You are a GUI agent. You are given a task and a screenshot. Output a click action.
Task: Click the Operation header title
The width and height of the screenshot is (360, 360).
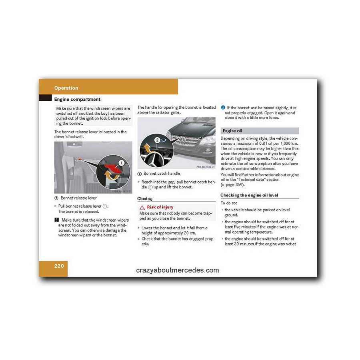pyautogui.click(x=66, y=88)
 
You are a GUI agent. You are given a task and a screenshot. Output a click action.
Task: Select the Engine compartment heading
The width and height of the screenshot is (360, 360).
pyautogui.click(x=77, y=99)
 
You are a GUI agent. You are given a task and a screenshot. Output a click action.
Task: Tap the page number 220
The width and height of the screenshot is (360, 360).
pyautogui.click(x=59, y=266)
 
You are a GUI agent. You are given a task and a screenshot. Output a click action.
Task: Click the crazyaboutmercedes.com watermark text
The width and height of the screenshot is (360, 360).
pyautogui.click(x=178, y=270)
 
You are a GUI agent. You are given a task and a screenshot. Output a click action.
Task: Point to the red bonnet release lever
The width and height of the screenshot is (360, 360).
pyautogui.click(x=114, y=168)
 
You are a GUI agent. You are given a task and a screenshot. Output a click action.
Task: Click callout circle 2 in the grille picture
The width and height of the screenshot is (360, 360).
pyautogui.click(x=157, y=140)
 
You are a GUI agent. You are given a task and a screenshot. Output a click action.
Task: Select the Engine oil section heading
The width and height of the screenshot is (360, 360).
pyautogui.click(x=232, y=131)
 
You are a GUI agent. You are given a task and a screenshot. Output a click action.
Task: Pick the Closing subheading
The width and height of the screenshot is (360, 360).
pyautogui.click(x=145, y=198)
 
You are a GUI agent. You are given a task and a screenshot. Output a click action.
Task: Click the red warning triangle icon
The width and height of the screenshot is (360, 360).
pyautogui.click(x=142, y=208)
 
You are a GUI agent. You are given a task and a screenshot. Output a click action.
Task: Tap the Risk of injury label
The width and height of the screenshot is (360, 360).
pyautogui.click(x=160, y=207)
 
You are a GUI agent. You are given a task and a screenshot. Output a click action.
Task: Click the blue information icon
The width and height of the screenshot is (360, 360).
pyautogui.click(x=223, y=108)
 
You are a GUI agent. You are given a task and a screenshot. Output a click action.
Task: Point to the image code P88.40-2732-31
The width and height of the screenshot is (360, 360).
pyautogui.click(x=206, y=166)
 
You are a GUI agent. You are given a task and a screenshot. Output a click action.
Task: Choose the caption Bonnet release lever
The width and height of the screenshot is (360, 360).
pyautogui.click(x=78, y=198)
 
